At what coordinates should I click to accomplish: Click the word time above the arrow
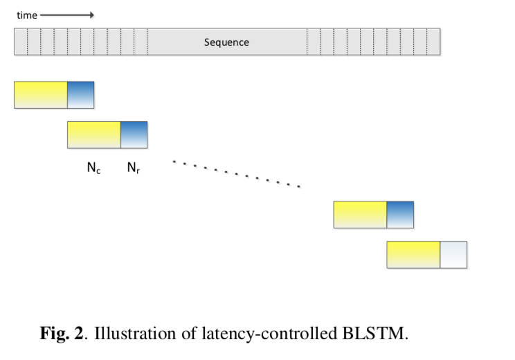coord(26,15)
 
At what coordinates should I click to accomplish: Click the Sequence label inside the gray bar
coord(226,42)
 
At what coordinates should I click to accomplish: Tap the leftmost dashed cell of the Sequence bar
coord(21,42)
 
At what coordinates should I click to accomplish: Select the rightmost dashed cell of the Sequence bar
coord(433,42)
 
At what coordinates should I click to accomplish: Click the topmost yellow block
coord(40,95)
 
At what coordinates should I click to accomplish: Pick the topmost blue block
coord(80,95)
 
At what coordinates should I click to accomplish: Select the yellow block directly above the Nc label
coord(93,135)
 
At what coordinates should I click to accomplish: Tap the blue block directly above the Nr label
coord(134,135)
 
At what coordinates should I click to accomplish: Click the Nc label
coord(93,168)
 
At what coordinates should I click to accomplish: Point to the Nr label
coord(133,168)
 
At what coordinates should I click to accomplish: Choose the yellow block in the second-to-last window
coord(360,215)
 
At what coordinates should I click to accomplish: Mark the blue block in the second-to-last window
coord(400,215)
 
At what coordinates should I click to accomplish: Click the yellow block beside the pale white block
coord(413,255)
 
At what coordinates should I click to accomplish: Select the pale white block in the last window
coord(453,255)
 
